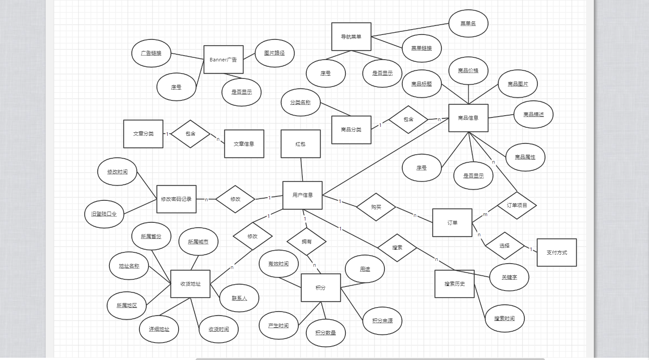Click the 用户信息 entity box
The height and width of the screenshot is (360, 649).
[x=302, y=195]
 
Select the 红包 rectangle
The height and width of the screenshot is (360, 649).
[x=301, y=144]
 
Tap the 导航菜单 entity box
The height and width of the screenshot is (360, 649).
[x=351, y=37]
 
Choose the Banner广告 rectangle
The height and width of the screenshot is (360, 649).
[x=223, y=59]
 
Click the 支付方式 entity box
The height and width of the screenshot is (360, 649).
[x=557, y=252]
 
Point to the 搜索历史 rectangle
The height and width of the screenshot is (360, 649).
[x=454, y=284]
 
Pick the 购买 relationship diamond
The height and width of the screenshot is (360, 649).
[x=376, y=207]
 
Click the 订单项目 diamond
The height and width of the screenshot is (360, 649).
[x=517, y=205]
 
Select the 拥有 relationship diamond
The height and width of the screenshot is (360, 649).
[x=307, y=242]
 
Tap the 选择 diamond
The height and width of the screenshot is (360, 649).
[x=505, y=246]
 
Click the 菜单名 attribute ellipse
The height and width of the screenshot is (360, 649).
[x=468, y=23]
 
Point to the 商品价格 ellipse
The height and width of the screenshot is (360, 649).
[x=468, y=71]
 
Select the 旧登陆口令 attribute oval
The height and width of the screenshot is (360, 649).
[x=104, y=214]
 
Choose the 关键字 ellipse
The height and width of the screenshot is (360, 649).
[x=510, y=277]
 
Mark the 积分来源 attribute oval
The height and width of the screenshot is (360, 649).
[x=383, y=321]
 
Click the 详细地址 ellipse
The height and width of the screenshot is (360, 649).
[x=159, y=329]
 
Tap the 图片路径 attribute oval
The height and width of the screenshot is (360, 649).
[x=274, y=53]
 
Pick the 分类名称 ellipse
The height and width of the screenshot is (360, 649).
[x=301, y=102]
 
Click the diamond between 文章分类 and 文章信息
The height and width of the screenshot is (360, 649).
[x=191, y=134]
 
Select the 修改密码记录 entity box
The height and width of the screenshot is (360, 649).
[x=176, y=199]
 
